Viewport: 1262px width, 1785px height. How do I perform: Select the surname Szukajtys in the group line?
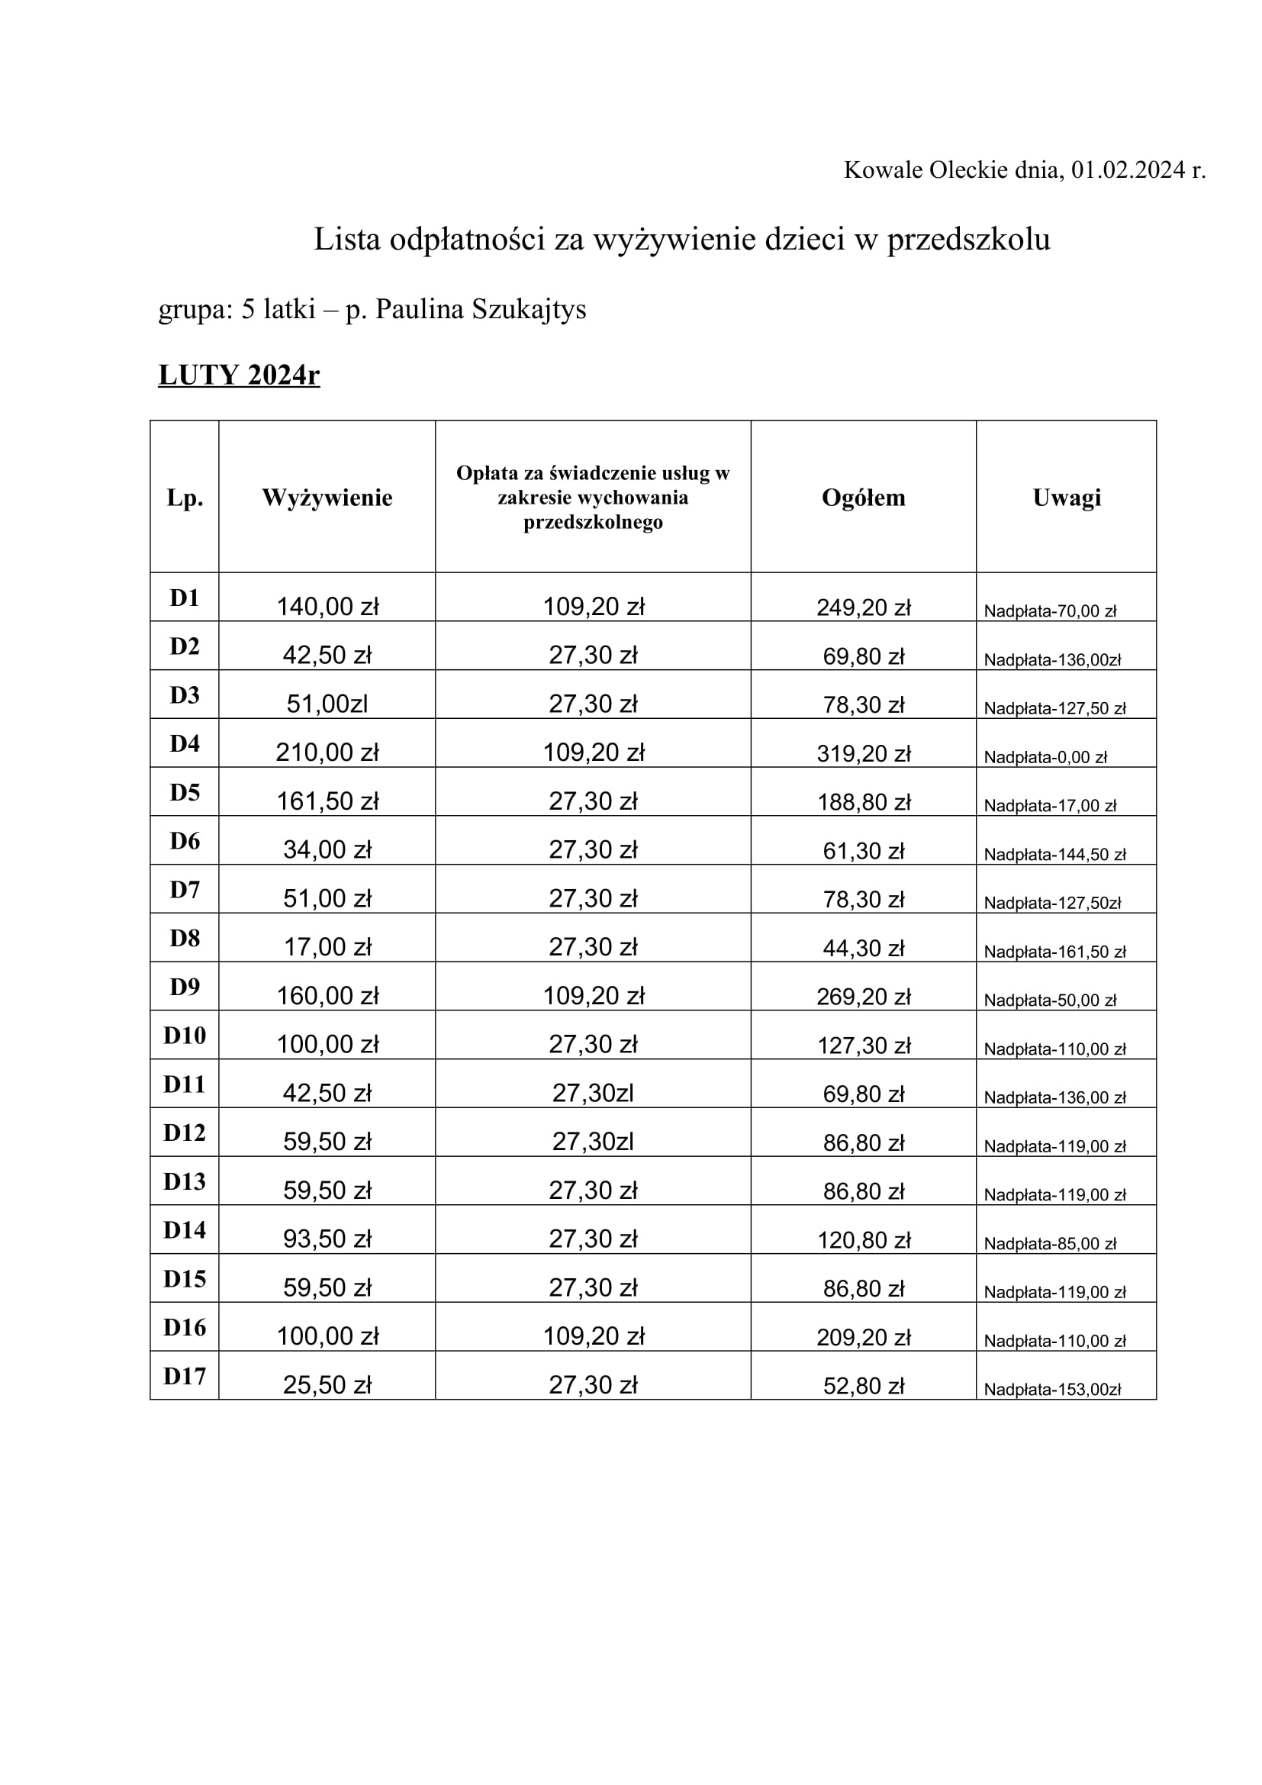point(529,309)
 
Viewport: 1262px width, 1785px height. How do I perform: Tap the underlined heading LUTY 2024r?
point(239,375)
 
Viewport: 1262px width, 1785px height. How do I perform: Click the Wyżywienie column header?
point(327,498)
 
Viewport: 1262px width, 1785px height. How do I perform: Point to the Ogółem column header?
point(864,498)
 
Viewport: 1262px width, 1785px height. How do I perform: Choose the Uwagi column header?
point(1066,498)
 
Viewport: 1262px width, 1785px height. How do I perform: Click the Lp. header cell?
point(184,498)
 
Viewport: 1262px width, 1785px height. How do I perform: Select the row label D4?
point(184,744)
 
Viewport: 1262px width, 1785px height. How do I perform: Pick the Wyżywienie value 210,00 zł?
point(327,752)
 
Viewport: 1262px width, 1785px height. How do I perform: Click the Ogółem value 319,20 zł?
point(864,753)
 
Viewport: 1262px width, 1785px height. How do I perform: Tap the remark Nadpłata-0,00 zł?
point(1045,757)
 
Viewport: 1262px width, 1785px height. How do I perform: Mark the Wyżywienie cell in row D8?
point(327,947)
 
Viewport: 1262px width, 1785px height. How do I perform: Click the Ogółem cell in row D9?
point(864,997)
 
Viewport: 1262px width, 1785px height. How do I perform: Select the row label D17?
point(184,1377)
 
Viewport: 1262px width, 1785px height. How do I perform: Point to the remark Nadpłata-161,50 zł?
point(1054,952)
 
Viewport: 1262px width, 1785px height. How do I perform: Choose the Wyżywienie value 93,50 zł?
point(327,1239)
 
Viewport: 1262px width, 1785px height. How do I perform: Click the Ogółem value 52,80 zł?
point(864,1386)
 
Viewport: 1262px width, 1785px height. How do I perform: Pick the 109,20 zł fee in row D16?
point(594,1336)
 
